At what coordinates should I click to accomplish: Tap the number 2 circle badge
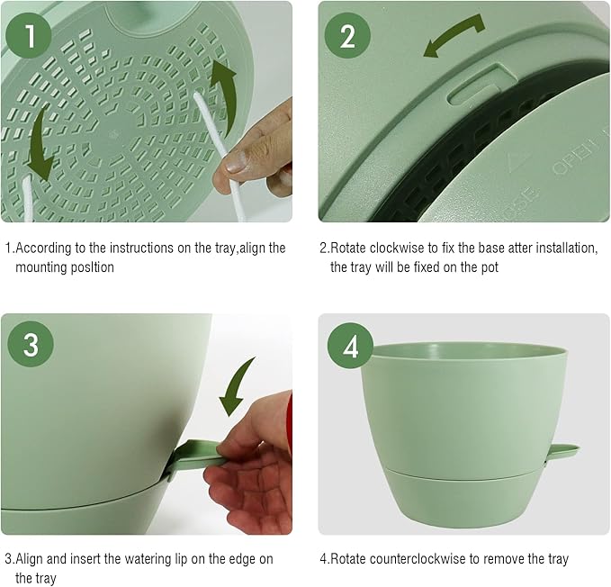(347, 36)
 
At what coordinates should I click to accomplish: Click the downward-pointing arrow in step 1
(39, 152)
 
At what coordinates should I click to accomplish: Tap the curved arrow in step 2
(454, 35)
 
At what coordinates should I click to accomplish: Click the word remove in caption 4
(508, 559)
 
